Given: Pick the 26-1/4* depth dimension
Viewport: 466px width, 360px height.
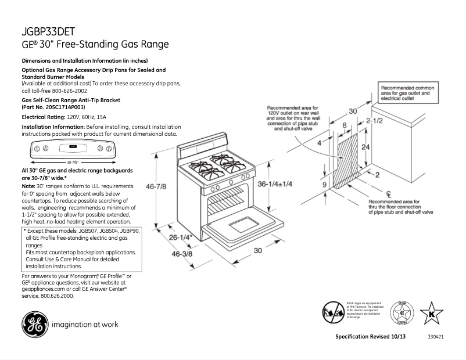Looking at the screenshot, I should pyautogui.click(x=181, y=237).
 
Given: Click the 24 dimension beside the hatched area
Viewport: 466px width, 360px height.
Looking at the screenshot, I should pyautogui.click(x=365, y=147).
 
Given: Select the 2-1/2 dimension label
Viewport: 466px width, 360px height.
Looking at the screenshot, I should pyautogui.click(x=374, y=121).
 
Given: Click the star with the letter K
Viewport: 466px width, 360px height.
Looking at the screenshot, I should pyautogui.click(x=431, y=314).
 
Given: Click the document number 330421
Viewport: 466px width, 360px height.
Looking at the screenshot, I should pyautogui.click(x=436, y=337).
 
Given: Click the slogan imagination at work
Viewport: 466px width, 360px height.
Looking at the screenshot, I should pyautogui.click(x=85, y=324).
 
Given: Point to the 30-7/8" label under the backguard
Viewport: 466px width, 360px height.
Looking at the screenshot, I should pyautogui.click(x=72, y=162).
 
